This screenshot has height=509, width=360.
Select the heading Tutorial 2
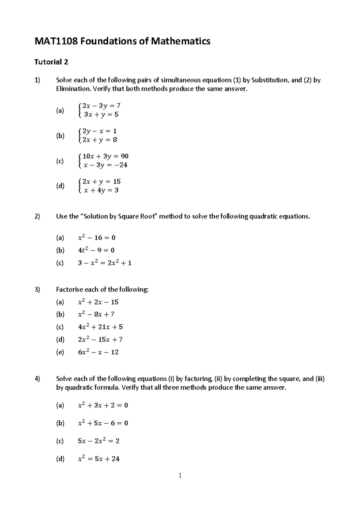point(51,62)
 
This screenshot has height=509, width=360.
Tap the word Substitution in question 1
point(269,80)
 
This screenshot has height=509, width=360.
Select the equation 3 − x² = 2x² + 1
point(104,263)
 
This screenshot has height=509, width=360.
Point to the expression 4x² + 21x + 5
point(100,327)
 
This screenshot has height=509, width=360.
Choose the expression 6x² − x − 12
point(98,352)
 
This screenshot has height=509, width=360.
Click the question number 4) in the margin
point(37,379)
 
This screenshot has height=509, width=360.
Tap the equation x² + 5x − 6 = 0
point(103,423)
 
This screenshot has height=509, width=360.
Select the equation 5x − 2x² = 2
point(98,441)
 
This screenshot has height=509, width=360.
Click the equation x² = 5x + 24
point(98,459)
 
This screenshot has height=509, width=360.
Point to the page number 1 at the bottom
point(180,475)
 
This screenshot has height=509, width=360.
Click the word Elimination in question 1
point(73,89)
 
